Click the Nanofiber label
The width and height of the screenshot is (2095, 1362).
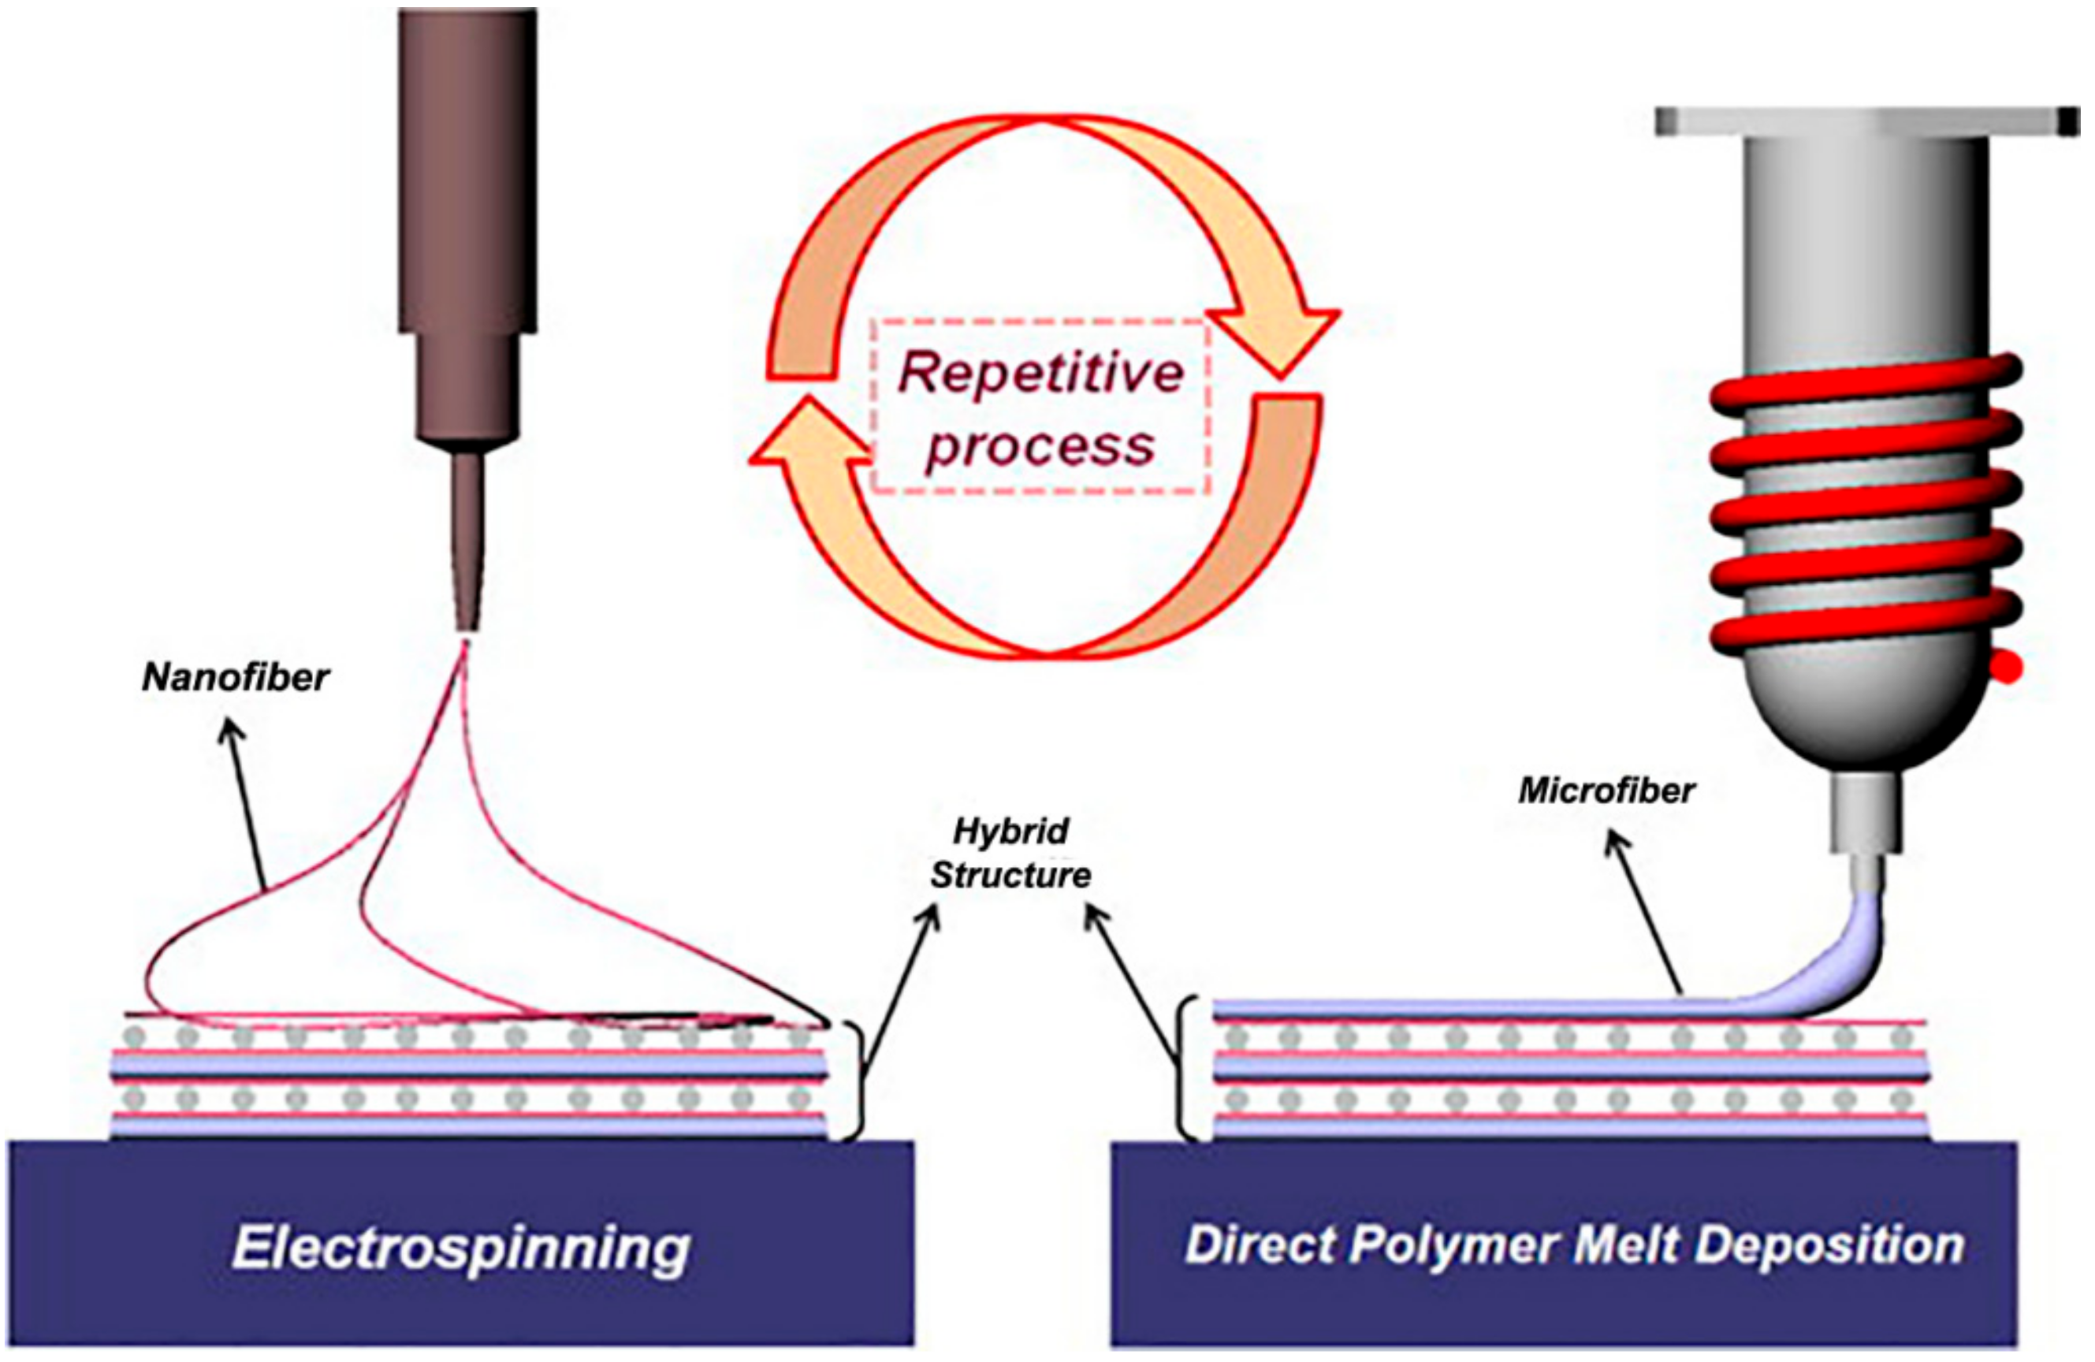(235, 678)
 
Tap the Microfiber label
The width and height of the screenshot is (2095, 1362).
(1606, 791)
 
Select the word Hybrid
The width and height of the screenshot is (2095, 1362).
(1011, 831)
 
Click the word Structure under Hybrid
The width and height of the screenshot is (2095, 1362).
(1010, 875)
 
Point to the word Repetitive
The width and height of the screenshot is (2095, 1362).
(1040, 374)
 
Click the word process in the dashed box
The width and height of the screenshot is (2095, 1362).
(1040, 446)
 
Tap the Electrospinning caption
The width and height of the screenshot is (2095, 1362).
(460, 1248)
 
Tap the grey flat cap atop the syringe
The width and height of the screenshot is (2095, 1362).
(1866, 121)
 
